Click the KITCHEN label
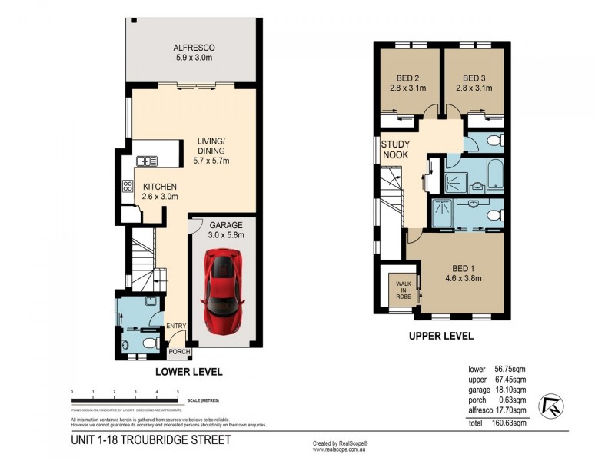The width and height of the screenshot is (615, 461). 159,187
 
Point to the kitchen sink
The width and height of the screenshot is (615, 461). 148,161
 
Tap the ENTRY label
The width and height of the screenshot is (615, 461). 176,327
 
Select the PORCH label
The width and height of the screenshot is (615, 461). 179,352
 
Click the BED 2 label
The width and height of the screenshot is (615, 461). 407,78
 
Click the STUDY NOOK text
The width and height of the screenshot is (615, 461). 395,149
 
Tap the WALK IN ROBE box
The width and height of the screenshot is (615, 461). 402,288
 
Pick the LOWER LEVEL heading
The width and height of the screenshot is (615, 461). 188,372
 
